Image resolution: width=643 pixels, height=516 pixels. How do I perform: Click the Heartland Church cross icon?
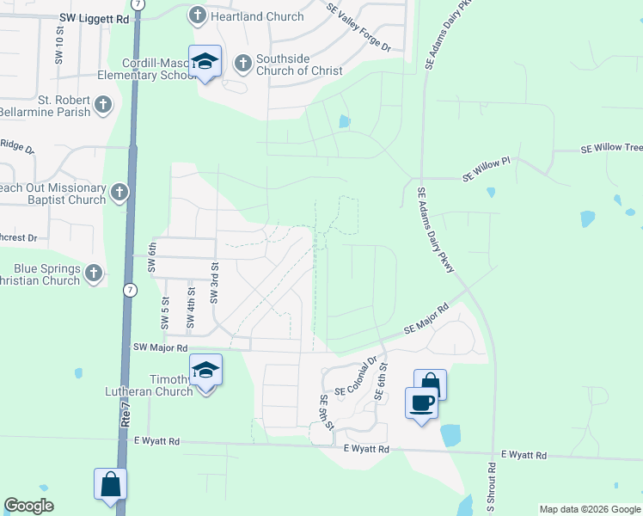pyautogui.click(x=197, y=15)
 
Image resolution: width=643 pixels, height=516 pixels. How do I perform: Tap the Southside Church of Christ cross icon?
pyautogui.click(x=242, y=62)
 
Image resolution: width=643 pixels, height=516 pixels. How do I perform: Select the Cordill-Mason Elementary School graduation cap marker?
pyautogui.click(x=205, y=61)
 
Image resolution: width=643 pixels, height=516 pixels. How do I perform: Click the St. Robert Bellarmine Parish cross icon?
pyautogui.click(x=102, y=105)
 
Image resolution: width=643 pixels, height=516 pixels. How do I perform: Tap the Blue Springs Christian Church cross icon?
pyautogui.click(x=94, y=273)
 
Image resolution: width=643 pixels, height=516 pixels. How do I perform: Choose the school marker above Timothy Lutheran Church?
pyautogui.click(x=205, y=371)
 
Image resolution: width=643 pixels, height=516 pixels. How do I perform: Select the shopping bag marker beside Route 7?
pyautogui.click(x=111, y=484)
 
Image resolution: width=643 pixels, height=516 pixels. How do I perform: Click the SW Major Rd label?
pyautogui.click(x=160, y=347)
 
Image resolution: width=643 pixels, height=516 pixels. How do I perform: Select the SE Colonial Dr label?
pyautogui.click(x=356, y=378)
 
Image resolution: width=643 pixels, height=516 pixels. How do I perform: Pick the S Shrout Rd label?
pyautogui.click(x=493, y=488)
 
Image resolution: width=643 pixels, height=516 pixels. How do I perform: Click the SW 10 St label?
pyautogui.click(x=59, y=46)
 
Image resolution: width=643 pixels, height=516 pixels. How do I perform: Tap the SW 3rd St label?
pyautogui.click(x=214, y=284)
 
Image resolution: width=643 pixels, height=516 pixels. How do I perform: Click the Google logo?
pyautogui.click(x=29, y=505)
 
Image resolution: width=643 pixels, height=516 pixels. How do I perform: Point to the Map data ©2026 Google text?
pyautogui.click(x=589, y=509)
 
